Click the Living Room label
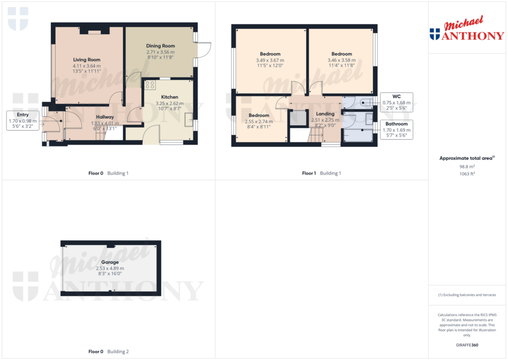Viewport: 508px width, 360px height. click(x=86, y=60)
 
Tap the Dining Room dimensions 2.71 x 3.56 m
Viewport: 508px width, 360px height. click(x=160, y=52)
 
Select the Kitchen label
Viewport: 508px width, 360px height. click(x=170, y=97)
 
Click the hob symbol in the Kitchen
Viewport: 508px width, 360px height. click(x=150, y=85)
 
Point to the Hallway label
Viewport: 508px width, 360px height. click(x=105, y=117)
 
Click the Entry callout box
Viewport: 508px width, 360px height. click(x=23, y=121)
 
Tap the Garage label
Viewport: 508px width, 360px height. click(x=110, y=262)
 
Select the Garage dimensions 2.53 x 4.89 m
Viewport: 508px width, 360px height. click(x=110, y=268)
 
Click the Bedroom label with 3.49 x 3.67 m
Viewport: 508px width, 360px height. click(x=270, y=54)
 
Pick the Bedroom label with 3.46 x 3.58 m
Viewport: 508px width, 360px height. click(x=341, y=54)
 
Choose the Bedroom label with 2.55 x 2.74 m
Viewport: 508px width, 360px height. click(x=258, y=115)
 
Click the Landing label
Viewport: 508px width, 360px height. click(x=325, y=114)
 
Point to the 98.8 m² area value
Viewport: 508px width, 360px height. click(x=467, y=167)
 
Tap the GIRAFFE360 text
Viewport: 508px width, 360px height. click(x=467, y=345)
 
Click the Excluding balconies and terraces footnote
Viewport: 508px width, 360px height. click(x=467, y=295)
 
